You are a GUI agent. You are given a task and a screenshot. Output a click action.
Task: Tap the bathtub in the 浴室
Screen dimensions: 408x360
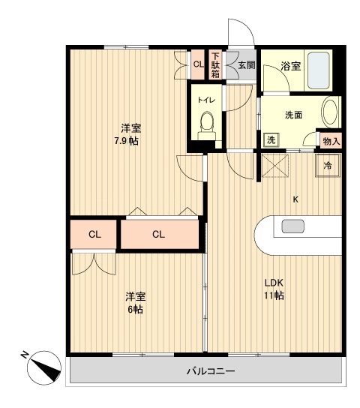coord(321,71)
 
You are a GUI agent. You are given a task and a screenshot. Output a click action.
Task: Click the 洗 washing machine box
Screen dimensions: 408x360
coord(270,139)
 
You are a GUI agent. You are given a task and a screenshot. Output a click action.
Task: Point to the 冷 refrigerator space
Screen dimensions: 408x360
coord(328,164)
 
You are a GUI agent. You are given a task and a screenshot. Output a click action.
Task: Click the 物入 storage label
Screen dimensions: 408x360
coord(331,140)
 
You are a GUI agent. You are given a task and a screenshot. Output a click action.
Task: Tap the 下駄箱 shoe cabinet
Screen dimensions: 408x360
coord(215,64)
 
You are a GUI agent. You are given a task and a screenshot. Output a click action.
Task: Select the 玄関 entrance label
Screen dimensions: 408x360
coord(247,65)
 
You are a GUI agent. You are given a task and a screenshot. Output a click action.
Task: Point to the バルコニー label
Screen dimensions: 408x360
coord(210,372)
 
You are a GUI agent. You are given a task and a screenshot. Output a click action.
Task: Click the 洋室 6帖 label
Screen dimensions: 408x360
coord(134,302)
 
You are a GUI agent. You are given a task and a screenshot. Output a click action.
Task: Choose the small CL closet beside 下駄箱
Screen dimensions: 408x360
coord(198,64)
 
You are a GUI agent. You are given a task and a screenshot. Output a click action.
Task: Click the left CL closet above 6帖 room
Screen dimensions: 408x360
coord(94,234)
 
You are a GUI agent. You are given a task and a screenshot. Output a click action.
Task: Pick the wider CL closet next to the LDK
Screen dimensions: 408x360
coord(158,234)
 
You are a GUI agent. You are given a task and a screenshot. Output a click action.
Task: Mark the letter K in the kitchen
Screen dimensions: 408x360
coord(295,199)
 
